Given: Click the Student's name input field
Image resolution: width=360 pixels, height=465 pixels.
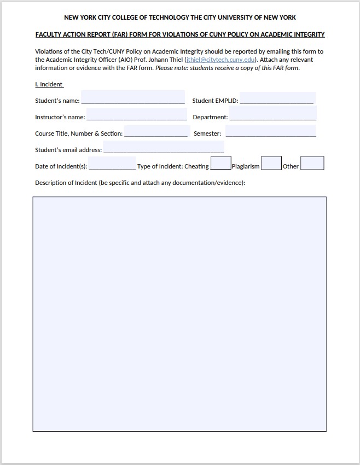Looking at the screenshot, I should (x=133, y=98).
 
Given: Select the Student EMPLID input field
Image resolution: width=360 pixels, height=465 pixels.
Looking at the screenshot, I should (x=277, y=98).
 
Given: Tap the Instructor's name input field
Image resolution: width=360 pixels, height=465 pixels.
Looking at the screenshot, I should (x=137, y=115).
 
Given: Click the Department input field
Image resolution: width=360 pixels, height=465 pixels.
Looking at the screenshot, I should (x=272, y=114).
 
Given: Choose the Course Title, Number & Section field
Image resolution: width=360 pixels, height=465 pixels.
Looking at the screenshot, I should (x=156, y=131).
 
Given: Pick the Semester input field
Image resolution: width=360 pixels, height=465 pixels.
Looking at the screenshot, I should (x=270, y=131).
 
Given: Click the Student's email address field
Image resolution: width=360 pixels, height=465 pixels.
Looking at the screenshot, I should (x=163, y=148).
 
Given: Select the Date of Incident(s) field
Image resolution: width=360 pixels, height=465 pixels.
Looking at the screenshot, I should (x=112, y=164).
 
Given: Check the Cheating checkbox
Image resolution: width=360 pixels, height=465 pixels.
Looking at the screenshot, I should (x=220, y=164).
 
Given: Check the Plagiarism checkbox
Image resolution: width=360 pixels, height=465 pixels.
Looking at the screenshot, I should (x=271, y=164).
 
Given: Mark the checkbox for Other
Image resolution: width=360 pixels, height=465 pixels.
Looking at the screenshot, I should (x=312, y=164).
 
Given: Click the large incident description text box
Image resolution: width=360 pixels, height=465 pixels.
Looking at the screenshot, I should (x=179, y=314).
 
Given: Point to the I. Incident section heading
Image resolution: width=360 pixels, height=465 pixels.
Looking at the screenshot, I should (x=49, y=84).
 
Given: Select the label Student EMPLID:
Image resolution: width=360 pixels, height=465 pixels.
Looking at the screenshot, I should (x=215, y=101).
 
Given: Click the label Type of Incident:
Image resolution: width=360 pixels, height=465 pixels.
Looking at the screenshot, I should (x=160, y=166).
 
